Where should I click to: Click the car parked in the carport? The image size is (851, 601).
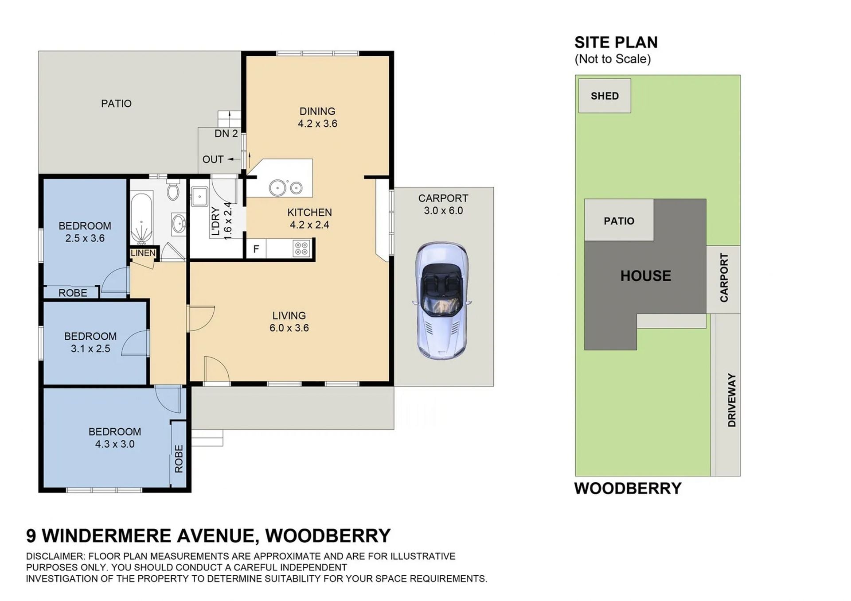[x=442, y=301]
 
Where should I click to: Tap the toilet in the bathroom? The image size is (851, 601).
[x=173, y=191]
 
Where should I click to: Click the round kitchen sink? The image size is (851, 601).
[x=277, y=188]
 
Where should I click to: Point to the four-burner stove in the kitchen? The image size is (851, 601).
[x=301, y=248]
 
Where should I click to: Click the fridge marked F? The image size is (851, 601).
[x=256, y=249]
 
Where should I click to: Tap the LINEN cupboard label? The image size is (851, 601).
[x=143, y=253]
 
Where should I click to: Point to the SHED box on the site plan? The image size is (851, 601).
[x=605, y=96]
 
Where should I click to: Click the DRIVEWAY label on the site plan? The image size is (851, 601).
[x=731, y=400]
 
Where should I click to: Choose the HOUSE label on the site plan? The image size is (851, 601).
[x=645, y=276]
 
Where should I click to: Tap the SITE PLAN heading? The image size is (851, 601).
[x=616, y=43]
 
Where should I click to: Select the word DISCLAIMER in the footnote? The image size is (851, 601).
[x=55, y=556]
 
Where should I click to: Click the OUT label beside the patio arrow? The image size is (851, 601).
[x=213, y=159]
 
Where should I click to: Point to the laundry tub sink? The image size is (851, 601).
[x=199, y=196]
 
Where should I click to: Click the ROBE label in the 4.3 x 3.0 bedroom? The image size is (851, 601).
[x=179, y=459]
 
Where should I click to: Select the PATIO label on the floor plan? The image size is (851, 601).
[x=116, y=104]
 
